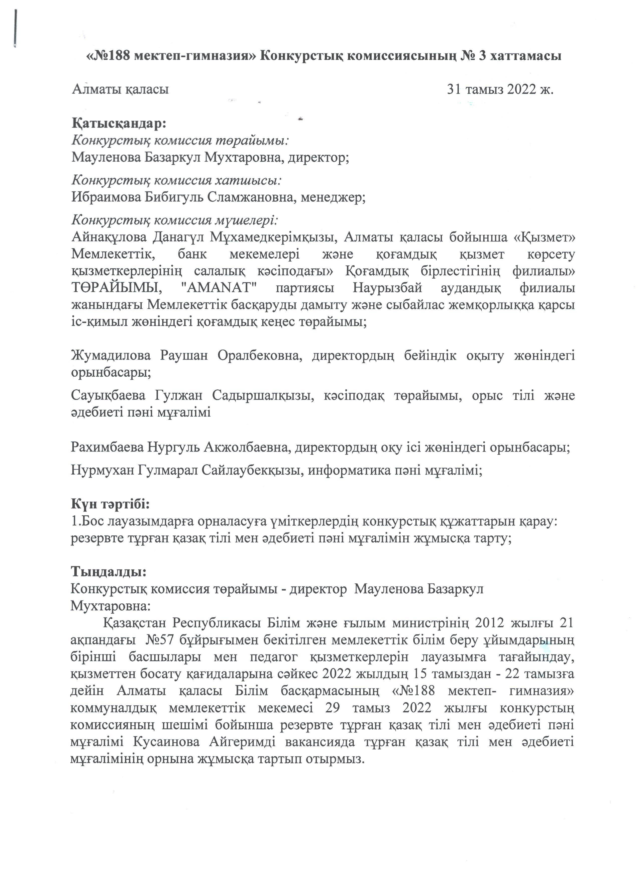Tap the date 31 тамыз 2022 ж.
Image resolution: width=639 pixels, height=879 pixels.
point(500,89)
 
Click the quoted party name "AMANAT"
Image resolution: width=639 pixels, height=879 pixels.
point(218,289)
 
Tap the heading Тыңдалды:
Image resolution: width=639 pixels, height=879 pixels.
point(109,572)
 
